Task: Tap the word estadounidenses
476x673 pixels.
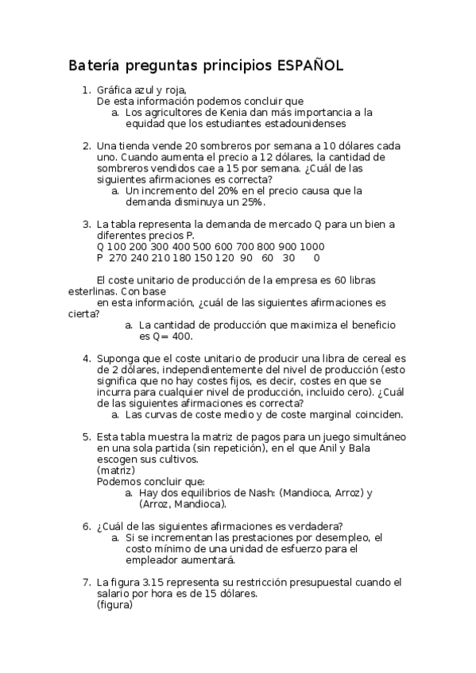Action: pyautogui.click(x=306, y=124)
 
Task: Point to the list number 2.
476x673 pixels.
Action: pyautogui.click(x=87, y=146)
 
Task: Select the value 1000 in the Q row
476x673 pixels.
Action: pyautogui.click(x=312, y=247)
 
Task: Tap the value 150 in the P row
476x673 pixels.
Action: pyautogui.click(x=203, y=258)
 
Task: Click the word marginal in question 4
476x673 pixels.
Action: pyautogui.click(x=325, y=414)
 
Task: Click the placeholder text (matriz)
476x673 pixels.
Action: pyautogui.click(x=116, y=471)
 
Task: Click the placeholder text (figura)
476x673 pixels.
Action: pyautogui.click(x=114, y=605)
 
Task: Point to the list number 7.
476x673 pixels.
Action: pyautogui.click(x=87, y=583)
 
